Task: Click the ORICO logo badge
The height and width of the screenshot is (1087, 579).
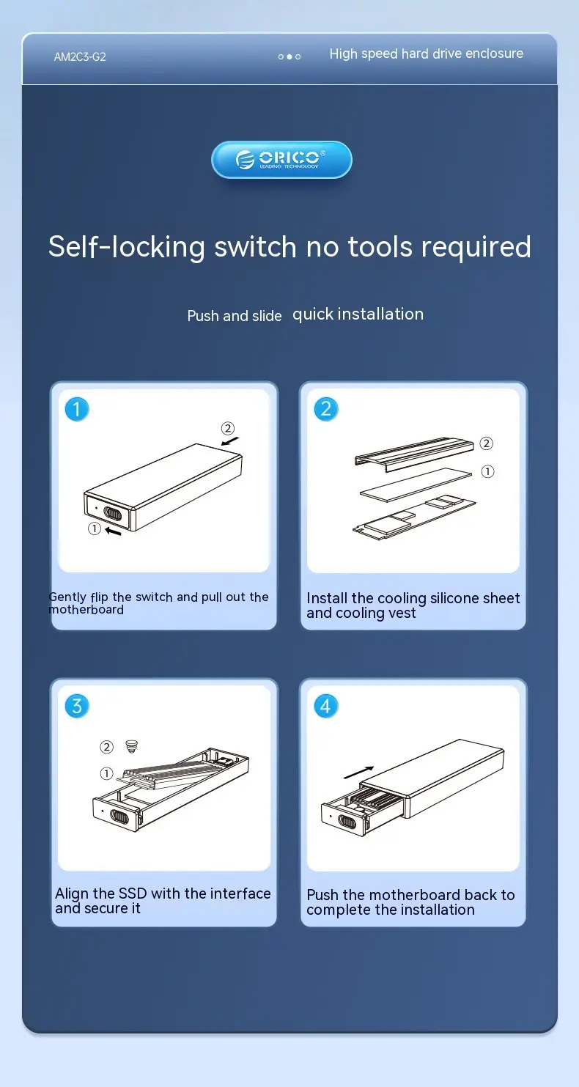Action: (x=281, y=160)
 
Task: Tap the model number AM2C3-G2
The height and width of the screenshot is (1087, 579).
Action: (x=80, y=56)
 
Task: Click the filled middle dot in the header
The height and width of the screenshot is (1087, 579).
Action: (x=289, y=56)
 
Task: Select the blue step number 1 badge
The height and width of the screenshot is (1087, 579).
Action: (x=77, y=409)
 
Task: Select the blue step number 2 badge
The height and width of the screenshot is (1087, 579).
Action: (x=325, y=409)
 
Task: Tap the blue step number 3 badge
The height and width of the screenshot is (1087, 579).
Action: (x=77, y=706)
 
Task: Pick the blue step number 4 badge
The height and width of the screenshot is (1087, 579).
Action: (x=325, y=706)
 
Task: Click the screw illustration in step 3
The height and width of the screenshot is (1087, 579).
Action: (x=131, y=746)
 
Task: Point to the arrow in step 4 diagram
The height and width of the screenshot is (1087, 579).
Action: (x=358, y=772)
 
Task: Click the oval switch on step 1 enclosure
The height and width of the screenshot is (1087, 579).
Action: (x=113, y=513)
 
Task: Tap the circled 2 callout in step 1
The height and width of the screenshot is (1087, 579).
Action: (x=228, y=428)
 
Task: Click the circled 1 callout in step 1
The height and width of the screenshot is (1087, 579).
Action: (x=94, y=528)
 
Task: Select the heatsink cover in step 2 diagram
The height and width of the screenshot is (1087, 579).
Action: (x=414, y=453)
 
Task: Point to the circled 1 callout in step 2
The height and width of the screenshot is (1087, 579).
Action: (x=487, y=471)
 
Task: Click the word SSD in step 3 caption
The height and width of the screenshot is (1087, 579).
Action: (x=133, y=893)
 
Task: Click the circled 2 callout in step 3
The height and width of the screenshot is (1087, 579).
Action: (x=106, y=747)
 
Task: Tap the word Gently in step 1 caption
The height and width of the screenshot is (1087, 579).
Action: (x=67, y=597)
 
